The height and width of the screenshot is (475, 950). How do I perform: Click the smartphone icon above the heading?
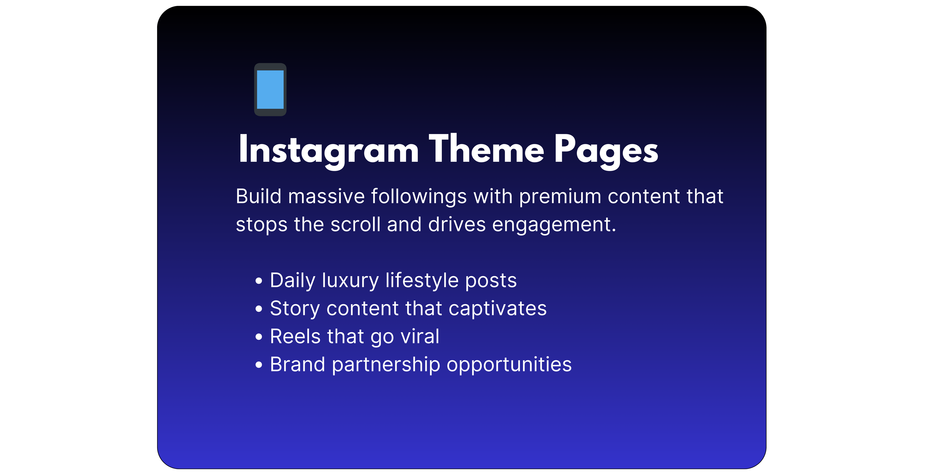(270, 90)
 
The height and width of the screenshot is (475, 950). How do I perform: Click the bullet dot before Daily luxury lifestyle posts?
(259, 281)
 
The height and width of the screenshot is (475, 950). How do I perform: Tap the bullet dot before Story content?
(259, 309)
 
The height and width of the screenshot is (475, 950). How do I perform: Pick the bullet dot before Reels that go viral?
(259, 337)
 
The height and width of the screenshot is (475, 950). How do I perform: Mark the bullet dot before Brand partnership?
(259, 365)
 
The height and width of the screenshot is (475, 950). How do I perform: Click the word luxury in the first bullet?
(350, 281)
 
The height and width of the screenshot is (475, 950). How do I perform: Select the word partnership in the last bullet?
(386, 365)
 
